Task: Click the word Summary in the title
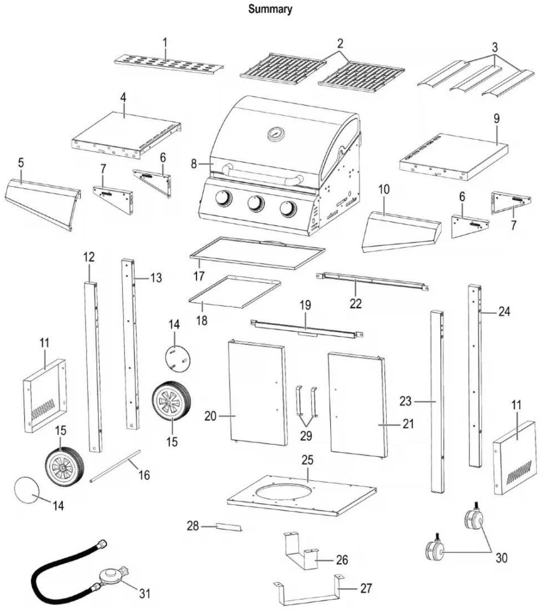[270, 9]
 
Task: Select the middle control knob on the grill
[256, 204]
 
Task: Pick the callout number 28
[193, 526]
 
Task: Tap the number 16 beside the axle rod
[144, 475]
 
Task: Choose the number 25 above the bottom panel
[307, 460]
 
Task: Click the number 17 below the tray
[199, 276]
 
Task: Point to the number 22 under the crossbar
[355, 304]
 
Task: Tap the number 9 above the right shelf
[497, 119]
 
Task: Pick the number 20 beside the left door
[211, 416]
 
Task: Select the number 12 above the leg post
[89, 257]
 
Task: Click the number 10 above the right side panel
[384, 189]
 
